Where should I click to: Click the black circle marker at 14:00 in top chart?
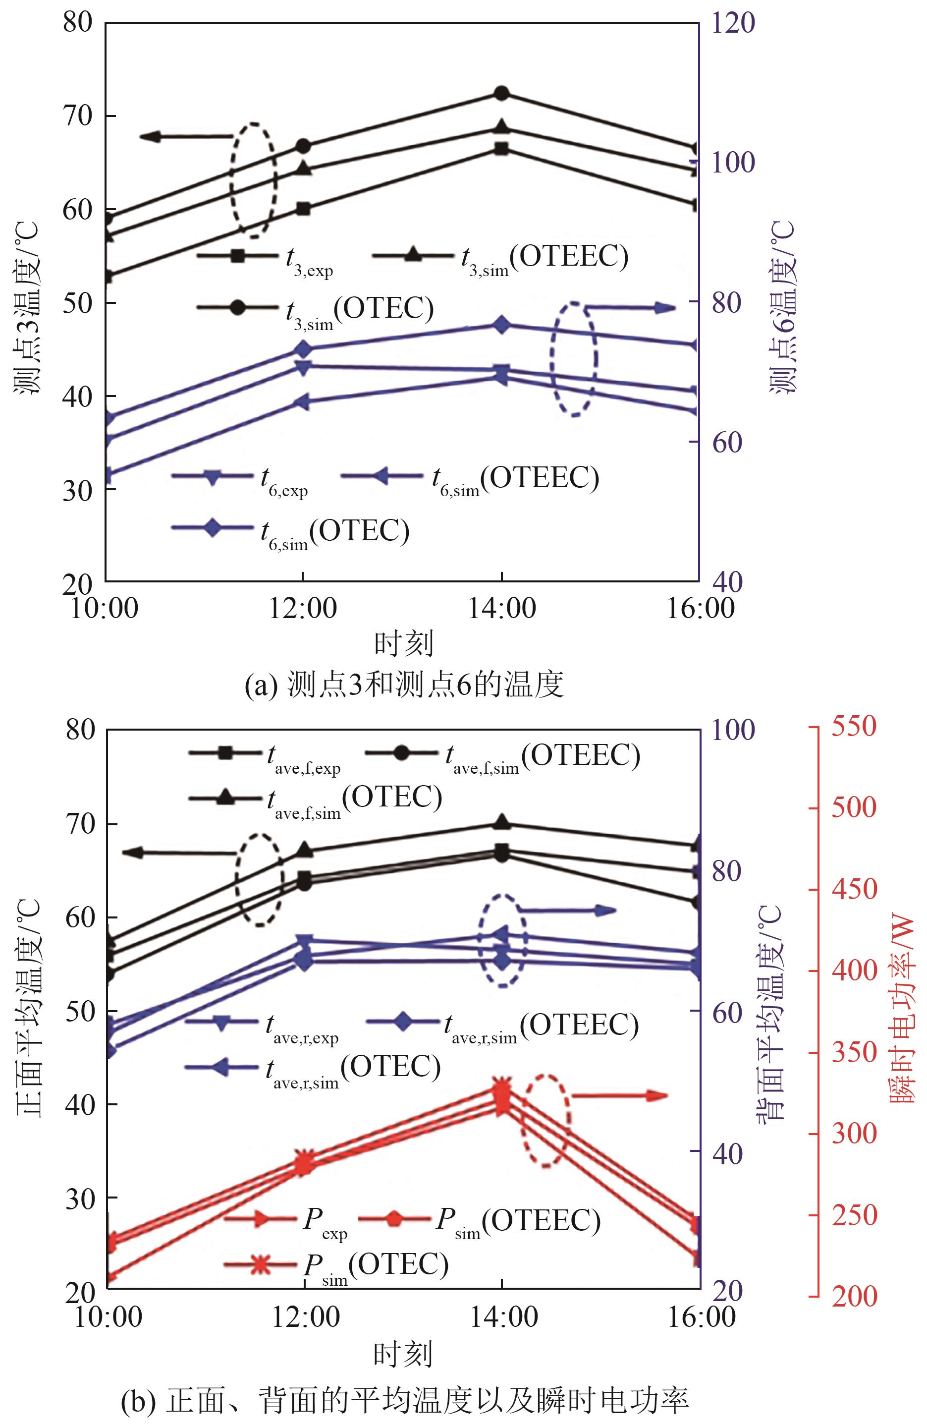[x=501, y=94]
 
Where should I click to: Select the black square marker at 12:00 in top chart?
[x=303, y=209]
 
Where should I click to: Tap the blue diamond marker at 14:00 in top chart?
[x=501, y=325]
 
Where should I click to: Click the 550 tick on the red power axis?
[x=854, y=727]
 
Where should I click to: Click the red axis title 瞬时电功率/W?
[x=902, y=1010]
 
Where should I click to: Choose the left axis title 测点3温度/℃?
[x=27, y=307]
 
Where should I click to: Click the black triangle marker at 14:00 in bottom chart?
[x=502, y=823]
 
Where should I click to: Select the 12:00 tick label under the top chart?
[x=303, y=608]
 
